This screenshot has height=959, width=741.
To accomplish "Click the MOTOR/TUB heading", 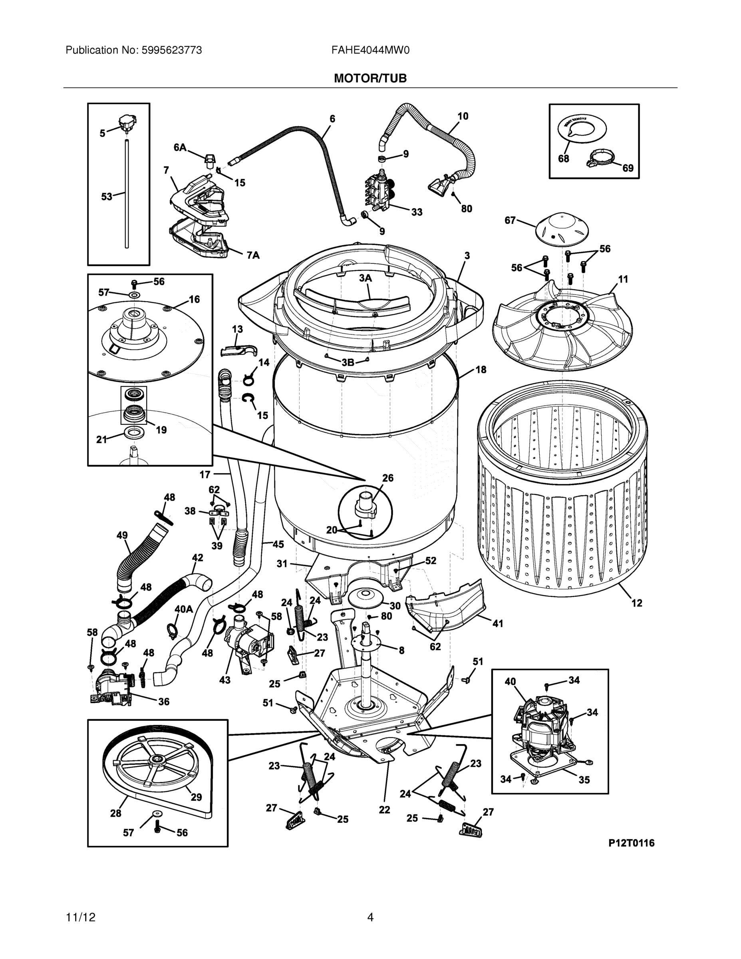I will tap(370, 79).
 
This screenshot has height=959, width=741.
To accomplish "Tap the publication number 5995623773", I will tap(171, 50).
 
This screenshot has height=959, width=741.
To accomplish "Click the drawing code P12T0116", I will tap(631, 843).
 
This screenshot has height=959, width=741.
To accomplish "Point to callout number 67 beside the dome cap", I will tap(510, 221).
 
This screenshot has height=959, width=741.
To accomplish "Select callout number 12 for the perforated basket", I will tap(636, 603).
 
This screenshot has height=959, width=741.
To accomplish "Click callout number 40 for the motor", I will tap(510, 681).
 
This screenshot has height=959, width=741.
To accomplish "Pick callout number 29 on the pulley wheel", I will tap(196, 797).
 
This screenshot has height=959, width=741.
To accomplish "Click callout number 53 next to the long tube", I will tap(107, 197).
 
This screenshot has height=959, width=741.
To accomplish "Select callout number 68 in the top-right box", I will tap(563, 159).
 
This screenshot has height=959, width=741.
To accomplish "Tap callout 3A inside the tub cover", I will tap(365, 278).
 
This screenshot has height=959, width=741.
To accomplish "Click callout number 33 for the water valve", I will tap(417, 212).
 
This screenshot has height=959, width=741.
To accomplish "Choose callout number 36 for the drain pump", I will tap(163, 701).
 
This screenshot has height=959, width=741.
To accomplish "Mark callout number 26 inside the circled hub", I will tap(387, 478).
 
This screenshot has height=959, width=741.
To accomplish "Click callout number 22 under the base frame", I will tap(384, 809).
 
